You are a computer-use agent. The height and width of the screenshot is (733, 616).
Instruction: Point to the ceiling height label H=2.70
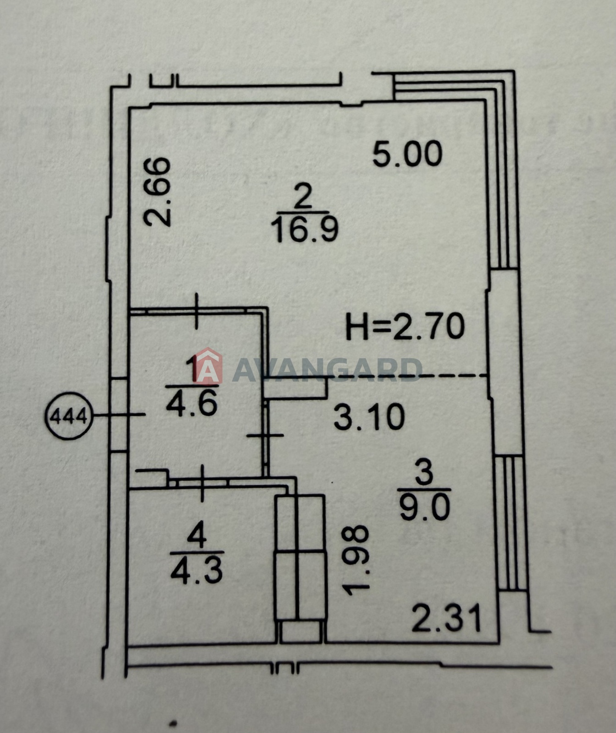(x=405, y=326)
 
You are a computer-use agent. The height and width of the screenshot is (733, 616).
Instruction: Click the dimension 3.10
(x=369, y=417)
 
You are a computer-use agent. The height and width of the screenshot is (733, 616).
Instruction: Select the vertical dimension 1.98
(x=356, y=560)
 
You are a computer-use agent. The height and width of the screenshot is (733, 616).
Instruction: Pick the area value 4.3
(x=196, y=571)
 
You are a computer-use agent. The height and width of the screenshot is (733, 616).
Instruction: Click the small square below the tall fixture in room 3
(x=300, y=631)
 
